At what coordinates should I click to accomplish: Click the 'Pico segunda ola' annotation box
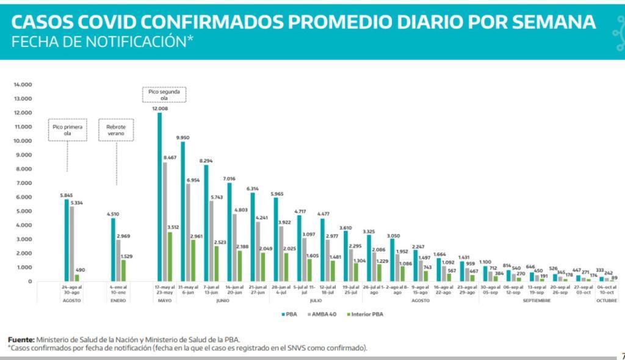tap(164, 95)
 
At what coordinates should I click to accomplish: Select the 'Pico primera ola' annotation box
tap(67, 130)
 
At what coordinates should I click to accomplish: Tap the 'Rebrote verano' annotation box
tap(116, 130)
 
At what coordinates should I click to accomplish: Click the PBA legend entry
tap(288, 314)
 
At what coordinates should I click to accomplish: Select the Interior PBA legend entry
tap(364, 314)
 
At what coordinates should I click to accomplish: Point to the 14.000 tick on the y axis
tap(22, 85)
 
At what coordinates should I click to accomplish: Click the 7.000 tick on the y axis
tap(23, 183)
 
